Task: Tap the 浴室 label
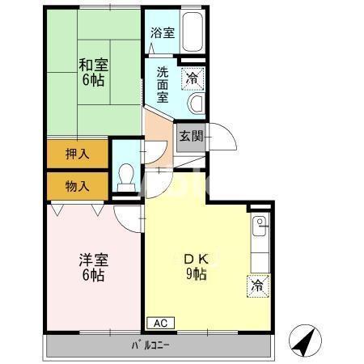point(163,33)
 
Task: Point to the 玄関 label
point(191,137)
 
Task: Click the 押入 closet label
point(76,152)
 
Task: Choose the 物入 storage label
point(76,186)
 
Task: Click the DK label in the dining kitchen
point(194,259)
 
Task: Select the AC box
point(160,322)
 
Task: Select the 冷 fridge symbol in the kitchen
point(256,286)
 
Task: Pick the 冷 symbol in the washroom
point(192,78)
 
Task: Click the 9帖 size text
point(194,274)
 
